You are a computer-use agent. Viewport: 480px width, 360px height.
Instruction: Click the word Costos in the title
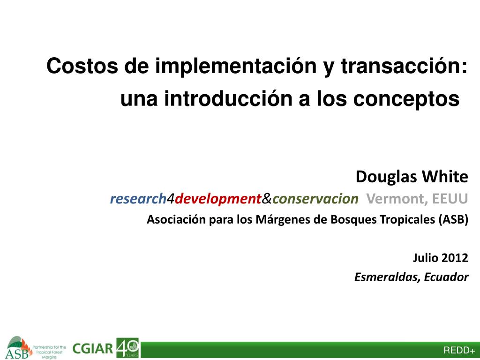coord(82,66)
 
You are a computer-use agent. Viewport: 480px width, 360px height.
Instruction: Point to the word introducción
coord(228,98)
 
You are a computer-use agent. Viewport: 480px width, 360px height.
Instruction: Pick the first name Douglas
coord(386,177)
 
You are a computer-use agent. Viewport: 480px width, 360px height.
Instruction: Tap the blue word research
coord(138,199)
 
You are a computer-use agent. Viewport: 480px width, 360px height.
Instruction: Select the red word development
coord(218,199)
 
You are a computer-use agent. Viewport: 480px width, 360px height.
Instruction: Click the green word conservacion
coord(315,199)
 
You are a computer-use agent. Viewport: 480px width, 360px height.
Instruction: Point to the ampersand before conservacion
coord(267,199)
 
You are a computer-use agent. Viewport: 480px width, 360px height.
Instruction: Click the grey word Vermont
coord(397,199)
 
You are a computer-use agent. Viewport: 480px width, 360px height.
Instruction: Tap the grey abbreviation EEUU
coord(450,199)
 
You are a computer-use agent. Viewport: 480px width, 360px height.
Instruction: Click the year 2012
coord(455,258)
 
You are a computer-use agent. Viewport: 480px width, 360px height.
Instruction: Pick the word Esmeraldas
coord(387,277)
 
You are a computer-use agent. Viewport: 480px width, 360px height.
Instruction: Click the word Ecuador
coord(446,277)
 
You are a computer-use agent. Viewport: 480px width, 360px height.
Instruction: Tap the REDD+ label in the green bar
coord(459,350)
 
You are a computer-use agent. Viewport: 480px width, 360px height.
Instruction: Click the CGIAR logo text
coord(93,349)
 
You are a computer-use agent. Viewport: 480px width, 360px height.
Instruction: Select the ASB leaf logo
coord(19,348)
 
